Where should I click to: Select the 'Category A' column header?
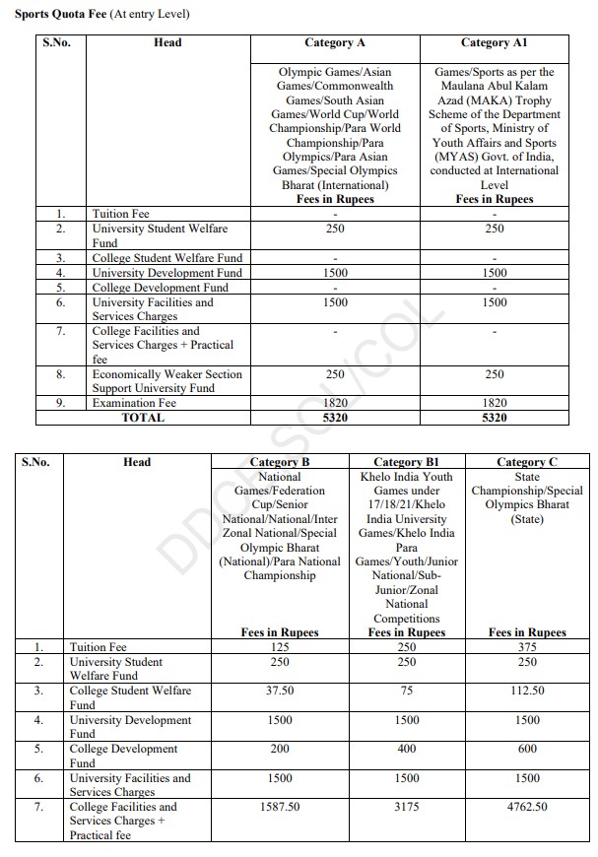tap(335, 43)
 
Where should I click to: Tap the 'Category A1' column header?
tap(494, 43)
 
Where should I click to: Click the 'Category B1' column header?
tap(407, 462)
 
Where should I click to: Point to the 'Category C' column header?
tap(526, 462)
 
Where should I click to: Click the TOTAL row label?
tap(143, 418)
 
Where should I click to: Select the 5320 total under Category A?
tap(335, 418)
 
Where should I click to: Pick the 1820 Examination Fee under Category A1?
tap(494, 403)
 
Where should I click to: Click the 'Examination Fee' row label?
tap(134, 403)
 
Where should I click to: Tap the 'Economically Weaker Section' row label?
tap(166, 374)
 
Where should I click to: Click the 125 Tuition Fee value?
tap(280, 647)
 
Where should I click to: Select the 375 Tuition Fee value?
tap(527, 647)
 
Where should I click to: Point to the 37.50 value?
tap(280, 691)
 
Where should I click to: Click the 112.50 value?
tap(527, 691)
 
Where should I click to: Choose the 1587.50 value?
tap(280, 807)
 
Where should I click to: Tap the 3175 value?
tap(407, 807)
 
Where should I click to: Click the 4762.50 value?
tap(527, 807)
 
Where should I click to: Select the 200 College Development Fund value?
tap(280, 750)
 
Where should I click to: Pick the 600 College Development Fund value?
tap(527, 750)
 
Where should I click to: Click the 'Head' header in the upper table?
tap(167, 43)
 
